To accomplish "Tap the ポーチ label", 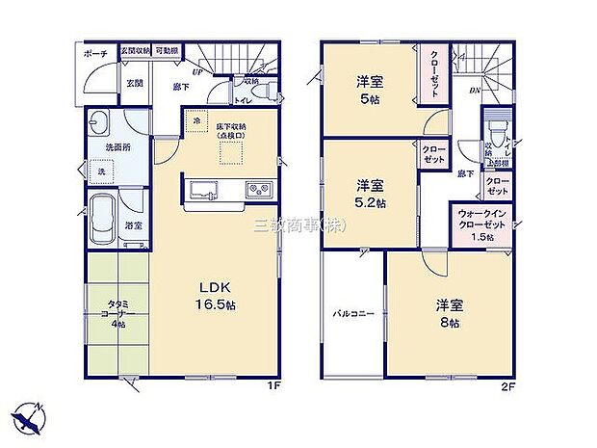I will (x=95, y=54).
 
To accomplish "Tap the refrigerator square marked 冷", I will (x=196, y=122).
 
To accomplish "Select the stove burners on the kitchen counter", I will (x=259, y=187).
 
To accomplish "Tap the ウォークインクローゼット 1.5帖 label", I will (x=480, y=225).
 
